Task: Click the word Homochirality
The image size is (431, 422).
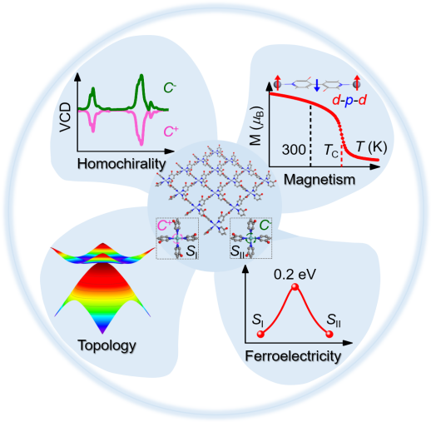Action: pyautogui.click(x=121, y=164)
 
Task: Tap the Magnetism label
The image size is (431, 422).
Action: pyautogui.click(x=320, y=180)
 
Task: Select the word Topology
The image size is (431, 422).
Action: pyautogui.click(x=107, y=346)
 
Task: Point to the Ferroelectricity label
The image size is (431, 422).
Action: pyautogui.click(x=293, y=356)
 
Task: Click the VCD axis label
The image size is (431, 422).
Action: pyautogui.click(x=66, y=117)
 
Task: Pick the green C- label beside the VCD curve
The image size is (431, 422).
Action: pyautogui.click(x=170, y=88)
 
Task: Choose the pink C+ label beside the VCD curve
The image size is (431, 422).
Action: pyautogui.click(x=171, y=132)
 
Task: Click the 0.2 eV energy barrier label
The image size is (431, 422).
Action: pyautogui.click(x=295, y=275)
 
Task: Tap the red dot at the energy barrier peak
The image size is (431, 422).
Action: pyautogui.click(x=295, y=287)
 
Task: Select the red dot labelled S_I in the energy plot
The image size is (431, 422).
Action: pyautogui.click(x=260, y=334)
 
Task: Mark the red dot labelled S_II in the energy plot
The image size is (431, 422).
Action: pyautogui.click(x=329, y=334)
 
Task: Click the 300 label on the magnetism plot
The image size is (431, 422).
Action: pyautogui.click(x=294, y=150)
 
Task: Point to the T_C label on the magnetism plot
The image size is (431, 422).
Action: pyautogui.click(x=331, y=151)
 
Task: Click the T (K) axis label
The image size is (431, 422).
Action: pyautogui.click(x=371, y=147)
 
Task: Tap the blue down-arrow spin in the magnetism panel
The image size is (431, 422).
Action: pyautogui.click(x=317, y=85)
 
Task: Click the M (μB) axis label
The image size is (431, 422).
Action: pyautogui.click(x=257, y=126)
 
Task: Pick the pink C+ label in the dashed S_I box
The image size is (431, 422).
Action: pyautogui.click(x=164, y=226)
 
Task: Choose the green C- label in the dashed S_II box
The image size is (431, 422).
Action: pyautogui.click(x=265, y=225)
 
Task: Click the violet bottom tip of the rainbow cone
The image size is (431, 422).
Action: pyautogui.click(x=102, y=333)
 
